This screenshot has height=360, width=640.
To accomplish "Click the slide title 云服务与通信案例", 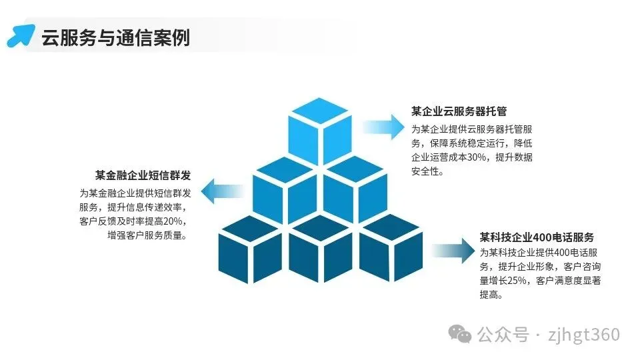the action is (115, 37).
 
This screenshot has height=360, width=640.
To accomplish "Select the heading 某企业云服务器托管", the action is (459, 111).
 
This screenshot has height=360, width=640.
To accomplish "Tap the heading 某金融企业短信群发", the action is (143, 175).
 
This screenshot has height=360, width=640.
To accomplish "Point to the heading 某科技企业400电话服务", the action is (537, 237).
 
